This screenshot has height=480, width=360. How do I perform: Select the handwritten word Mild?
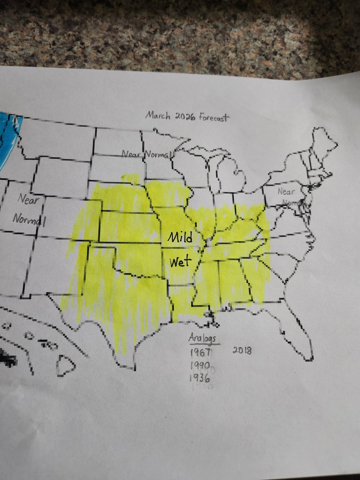180,238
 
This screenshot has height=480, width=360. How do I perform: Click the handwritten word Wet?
181,263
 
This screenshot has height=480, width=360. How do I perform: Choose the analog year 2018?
242,351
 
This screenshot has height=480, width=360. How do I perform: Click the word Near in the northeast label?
286,192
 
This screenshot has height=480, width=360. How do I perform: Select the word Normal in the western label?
29,219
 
